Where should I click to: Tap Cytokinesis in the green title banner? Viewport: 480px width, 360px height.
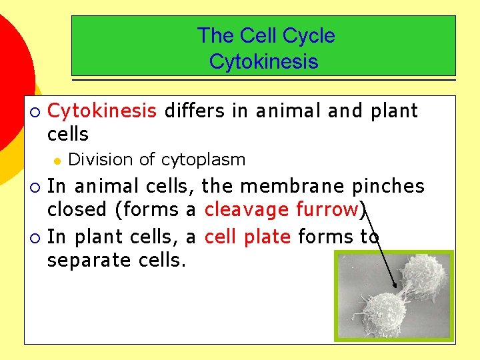pyautogui.click(x=263, y=62)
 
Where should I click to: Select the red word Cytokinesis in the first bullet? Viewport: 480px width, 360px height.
pyautogui.click(x=102, y=111)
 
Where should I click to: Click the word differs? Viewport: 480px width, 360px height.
pyautogui.click(x=195, y=111)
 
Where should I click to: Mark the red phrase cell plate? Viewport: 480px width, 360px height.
pyautogui.click(x=247, y=236)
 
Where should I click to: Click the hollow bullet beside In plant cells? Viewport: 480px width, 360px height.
pyautogui.click(x=35, y=237)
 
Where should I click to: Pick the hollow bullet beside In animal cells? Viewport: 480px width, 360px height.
pyautogui.click(x=35, y=185)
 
